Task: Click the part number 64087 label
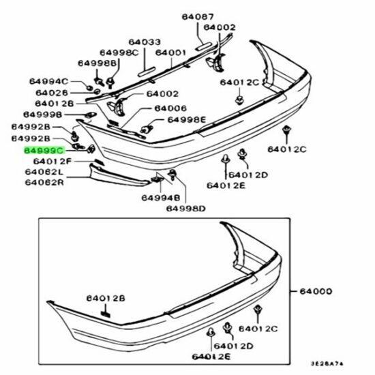pyautogui.click(x=198, y=17)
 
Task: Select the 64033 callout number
pyautogui.click(x=145, y=42)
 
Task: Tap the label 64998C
pyautogui.click(x=119, y=52)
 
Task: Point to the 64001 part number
pyautogui.click(x=170, y=52)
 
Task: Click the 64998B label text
pyautogui.click(x=97, y=63)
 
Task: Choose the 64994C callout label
pyautogui.click(x=49, y=82)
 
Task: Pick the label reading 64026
pyautogui.click(x=52, y=93)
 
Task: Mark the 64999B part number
pyautogui.click(x=42, y=115)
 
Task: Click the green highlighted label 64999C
pyautogui.click(x=44, y=151)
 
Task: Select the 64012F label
pyautogui.click(x=52, y=162)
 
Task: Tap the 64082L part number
pyautogui.click(x=44, y=172)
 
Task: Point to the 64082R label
pyautogui.click(x=44, y=183)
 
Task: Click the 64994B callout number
pyautogui.click(x=161, y=198)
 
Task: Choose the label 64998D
pyautogui.click(x=186, y=209)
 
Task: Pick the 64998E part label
pyautogui.click(x=187, y=119)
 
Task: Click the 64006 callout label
pyautogui.click(x=170, y=108)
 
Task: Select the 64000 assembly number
pyautogui.click(x=316, y=291)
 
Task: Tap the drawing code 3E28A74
pyautogui.click(x=327, y=364)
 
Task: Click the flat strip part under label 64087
pyautogui.click(x=204, y=46)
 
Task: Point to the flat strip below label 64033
pyautogui.click(x=147, y=72)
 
